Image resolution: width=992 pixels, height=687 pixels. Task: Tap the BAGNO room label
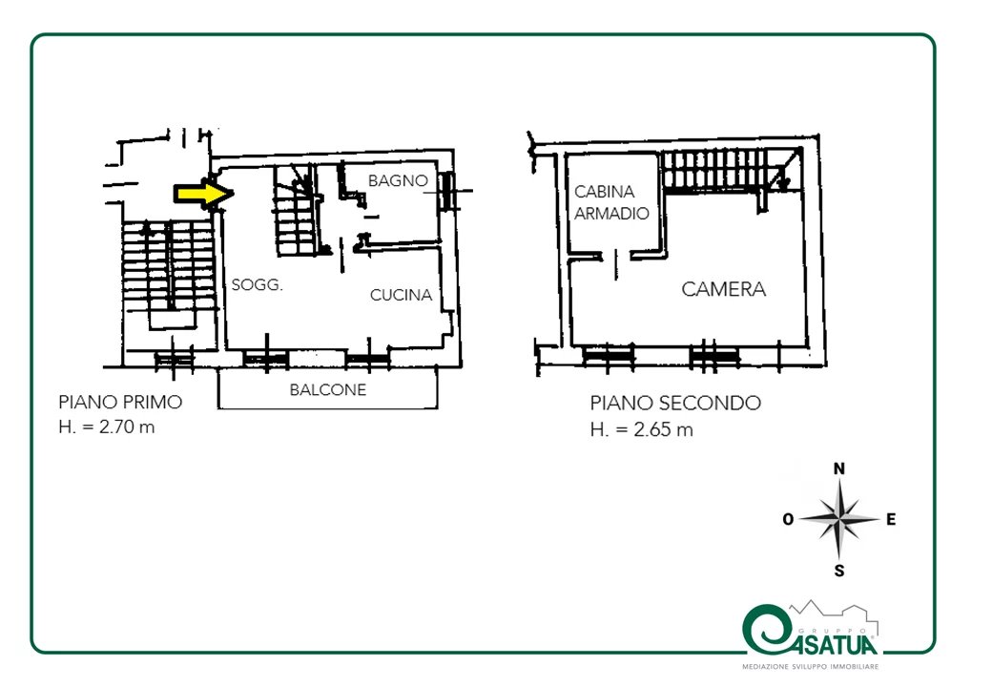coord(398,181)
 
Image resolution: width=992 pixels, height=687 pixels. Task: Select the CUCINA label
coord(402,295)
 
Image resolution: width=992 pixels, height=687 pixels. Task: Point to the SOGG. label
coord(257,284)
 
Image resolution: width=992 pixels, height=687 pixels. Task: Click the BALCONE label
coord(328,389)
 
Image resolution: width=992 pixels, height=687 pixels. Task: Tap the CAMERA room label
coord(724,289)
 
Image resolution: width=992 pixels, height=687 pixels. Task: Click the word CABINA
coord(604,191)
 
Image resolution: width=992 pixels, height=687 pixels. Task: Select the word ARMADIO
coord(611,213)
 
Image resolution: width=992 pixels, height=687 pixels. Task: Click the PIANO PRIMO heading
coord(120,402)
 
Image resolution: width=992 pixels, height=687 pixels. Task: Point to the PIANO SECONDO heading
coord(675,403)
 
